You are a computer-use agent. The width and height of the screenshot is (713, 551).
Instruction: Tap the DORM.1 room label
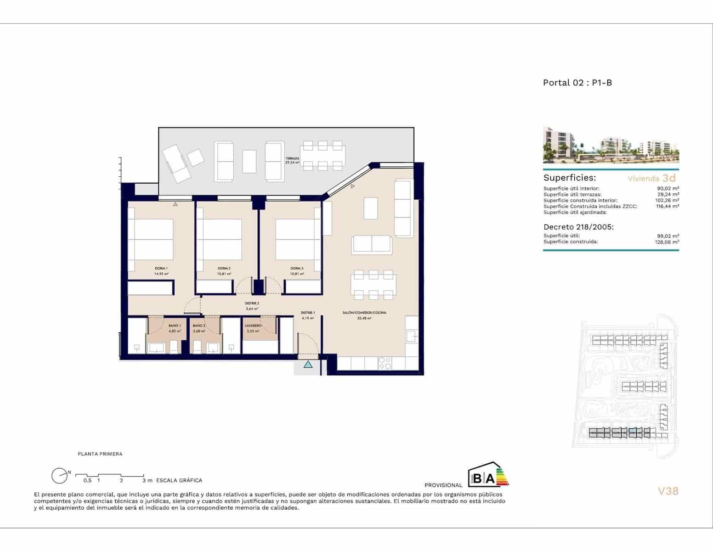coord(161,269)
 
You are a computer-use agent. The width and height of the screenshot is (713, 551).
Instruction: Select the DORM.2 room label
coord(224,269)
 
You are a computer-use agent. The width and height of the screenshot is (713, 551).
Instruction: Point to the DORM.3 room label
coord(297,269)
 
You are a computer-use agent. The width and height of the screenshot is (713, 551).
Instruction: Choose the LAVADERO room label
coord(254,326)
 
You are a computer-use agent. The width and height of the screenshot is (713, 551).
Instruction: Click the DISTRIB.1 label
coord(308,313)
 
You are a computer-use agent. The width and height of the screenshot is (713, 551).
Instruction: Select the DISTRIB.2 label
coord(252,304)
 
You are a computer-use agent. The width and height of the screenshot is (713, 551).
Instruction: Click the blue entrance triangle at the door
coord(308,365)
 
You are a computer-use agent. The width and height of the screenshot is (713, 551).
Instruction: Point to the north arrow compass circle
coord(59,476)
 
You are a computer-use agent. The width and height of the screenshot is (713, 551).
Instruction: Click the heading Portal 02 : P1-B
coord(577,83)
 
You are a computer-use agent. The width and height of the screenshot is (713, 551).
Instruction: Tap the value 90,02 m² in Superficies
coord(668,188)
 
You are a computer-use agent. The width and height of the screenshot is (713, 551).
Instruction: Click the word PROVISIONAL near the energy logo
coord(443,485)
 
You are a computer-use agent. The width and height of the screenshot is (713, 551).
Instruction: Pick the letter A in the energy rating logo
coord(490,479)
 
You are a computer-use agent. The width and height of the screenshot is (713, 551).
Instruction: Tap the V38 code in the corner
coord(668,491)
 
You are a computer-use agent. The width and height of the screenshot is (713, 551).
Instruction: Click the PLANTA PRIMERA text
coord(100,454)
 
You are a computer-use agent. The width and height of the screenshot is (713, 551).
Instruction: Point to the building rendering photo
coord(611,145)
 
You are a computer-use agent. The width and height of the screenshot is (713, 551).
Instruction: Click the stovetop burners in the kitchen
coord(385,363)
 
